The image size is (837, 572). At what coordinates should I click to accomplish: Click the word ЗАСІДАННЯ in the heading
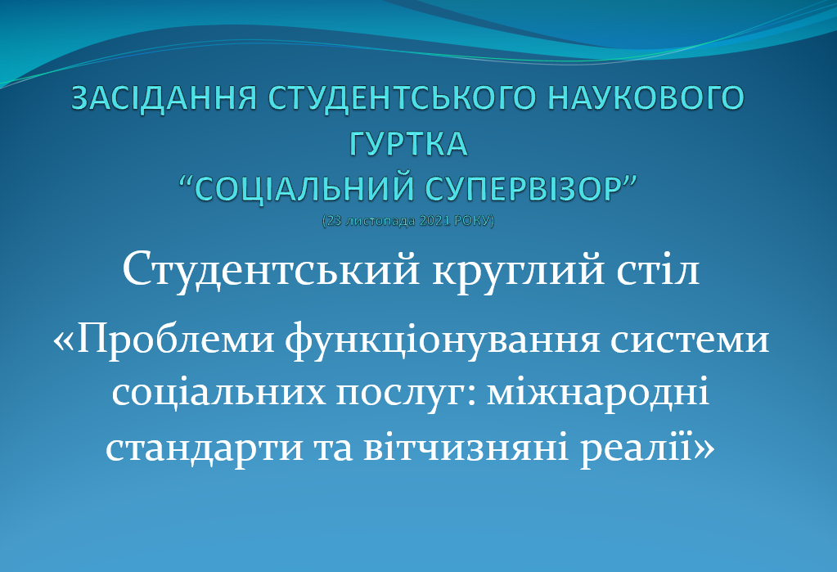coord(164,98)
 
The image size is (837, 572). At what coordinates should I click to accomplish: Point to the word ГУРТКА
coord(408,144)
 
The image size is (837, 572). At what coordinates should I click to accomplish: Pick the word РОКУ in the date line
coord(472,221)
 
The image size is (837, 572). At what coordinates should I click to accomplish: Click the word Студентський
coord(271,270)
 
